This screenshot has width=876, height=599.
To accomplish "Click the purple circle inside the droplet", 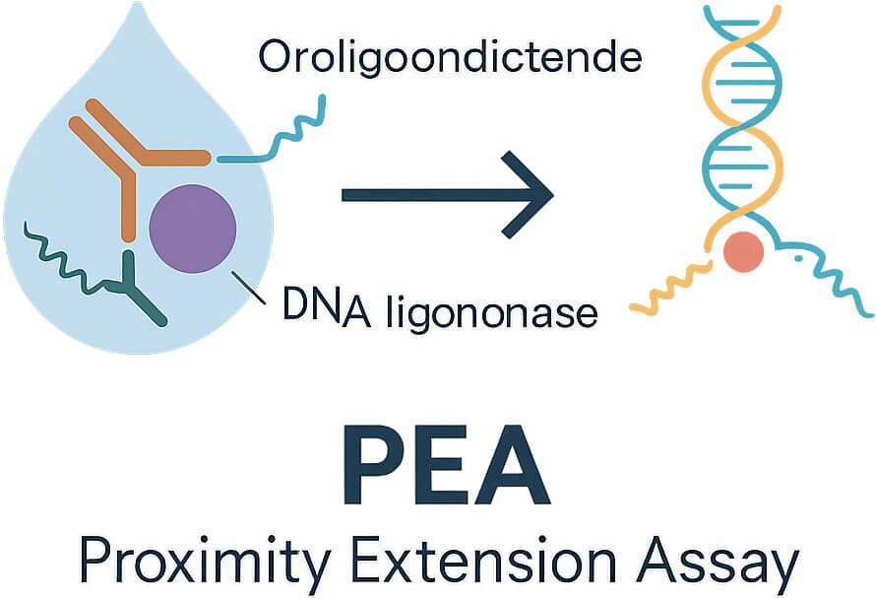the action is click(193, 229).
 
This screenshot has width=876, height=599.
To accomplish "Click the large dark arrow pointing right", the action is click(447, 195).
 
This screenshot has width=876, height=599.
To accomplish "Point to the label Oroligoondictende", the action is click(450, 57).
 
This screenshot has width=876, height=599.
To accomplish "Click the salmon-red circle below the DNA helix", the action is click(743, 252).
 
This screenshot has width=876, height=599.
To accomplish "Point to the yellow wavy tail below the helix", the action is click(670, 287).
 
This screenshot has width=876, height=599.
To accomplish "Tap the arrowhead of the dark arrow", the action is click(528, 195).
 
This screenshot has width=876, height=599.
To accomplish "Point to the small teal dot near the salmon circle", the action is click(798, 258).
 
